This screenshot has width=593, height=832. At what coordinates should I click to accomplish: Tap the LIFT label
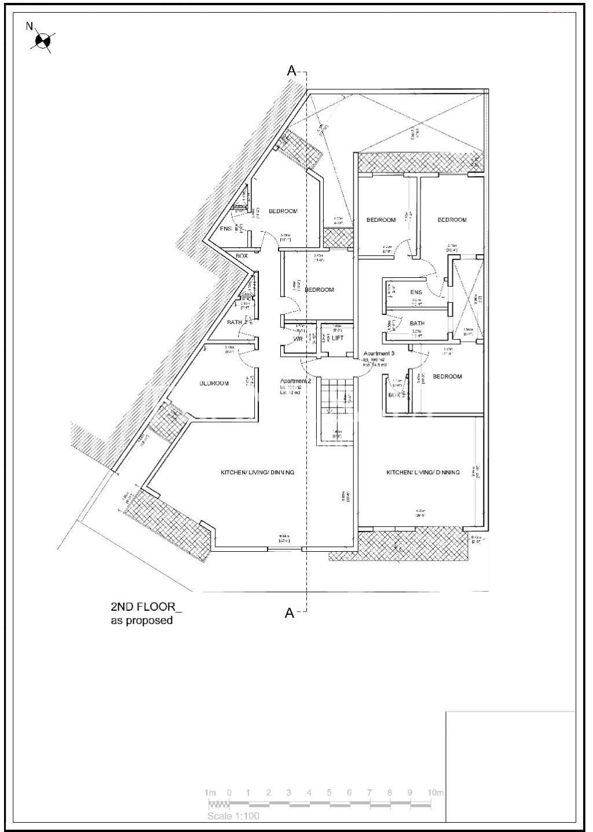[338, 338]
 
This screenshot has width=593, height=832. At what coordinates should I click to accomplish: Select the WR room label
[298, 339]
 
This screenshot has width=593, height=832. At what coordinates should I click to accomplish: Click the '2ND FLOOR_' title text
[146, 607]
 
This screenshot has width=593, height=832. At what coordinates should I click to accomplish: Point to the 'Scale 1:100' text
[233, 816]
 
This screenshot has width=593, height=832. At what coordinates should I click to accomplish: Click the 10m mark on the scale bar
[435, 793]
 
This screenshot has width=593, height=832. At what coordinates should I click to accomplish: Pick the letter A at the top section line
[291, 71]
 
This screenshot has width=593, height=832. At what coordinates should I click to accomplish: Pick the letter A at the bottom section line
[290, 613]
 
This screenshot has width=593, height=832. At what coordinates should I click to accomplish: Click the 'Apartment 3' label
[379, 353]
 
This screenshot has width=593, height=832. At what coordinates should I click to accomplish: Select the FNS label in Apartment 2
[226, 229]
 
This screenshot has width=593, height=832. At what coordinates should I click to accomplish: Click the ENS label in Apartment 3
[416, 292]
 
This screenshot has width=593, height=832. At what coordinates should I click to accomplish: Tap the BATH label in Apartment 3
[417, 324]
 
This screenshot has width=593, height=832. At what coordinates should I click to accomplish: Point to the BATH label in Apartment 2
[235, 322]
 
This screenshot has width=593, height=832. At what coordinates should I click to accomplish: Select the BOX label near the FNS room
[241, 255]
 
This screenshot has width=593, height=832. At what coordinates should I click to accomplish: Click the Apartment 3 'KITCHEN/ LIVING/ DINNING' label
[423, 472]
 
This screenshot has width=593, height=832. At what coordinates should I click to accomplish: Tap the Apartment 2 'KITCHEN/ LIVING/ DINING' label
[257, 472]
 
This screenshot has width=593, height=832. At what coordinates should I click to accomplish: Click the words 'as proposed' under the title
[142, 621]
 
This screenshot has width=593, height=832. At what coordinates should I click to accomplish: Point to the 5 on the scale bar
[329, 793]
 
